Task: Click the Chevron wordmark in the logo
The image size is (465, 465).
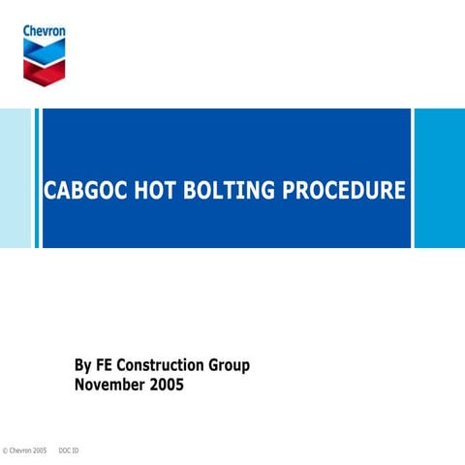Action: click(45, 31)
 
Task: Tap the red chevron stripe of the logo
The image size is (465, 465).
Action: click(45, 69)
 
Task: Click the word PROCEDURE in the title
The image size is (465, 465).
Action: click(344, 191)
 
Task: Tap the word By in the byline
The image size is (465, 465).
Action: click(83, 366)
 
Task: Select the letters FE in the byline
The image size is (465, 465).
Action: click(107, 366)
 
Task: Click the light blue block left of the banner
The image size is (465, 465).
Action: click(15, 178)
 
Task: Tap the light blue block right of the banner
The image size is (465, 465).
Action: click(441, 178)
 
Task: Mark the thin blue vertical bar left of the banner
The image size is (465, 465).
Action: click(38, 178)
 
